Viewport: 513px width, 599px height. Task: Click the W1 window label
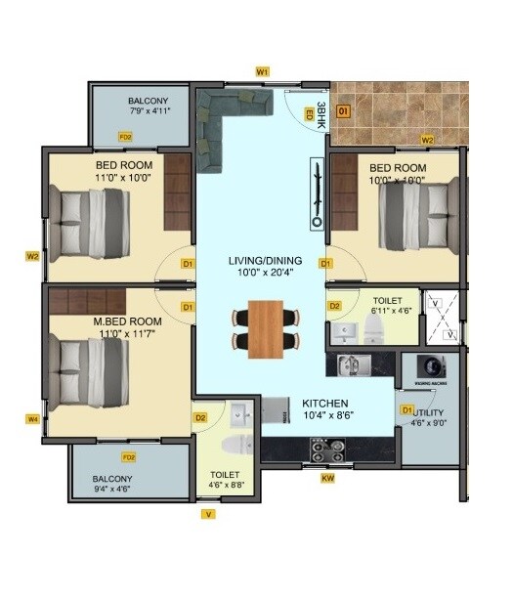tap(262, 72)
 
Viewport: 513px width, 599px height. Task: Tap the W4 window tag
tap(32, 419)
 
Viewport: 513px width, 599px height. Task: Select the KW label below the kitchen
tap(328, 478)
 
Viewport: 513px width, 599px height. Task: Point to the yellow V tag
tap(207, 513)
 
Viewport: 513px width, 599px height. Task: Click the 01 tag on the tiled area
tap(343, 112)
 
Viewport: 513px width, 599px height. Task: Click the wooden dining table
tap(265, 329)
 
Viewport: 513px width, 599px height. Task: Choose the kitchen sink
tap(353, 365)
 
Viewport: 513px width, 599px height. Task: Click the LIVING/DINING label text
tap(265, 260)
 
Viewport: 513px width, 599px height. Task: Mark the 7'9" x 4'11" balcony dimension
tap(150, 111)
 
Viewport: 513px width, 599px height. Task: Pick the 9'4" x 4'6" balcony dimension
tap(111, 490)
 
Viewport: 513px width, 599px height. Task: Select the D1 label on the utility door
tap(407, 410)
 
